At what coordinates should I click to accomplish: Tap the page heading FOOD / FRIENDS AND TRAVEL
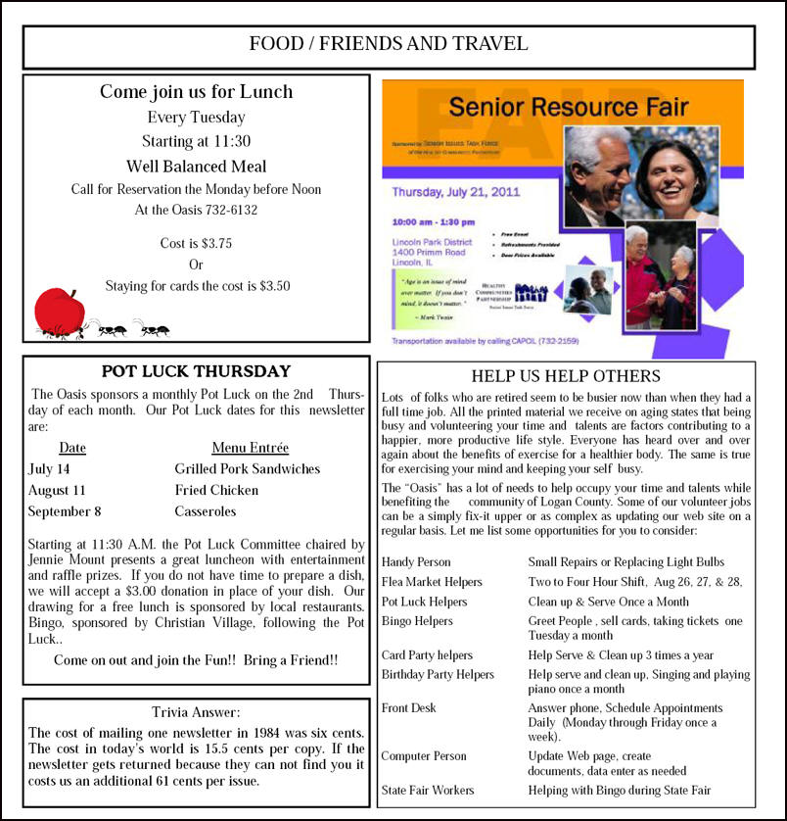pyautogui.click(x=389, y=44)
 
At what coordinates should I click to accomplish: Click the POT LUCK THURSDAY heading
pyautogui.click(x=196, y=371)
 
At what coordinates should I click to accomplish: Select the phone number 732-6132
pyautogui.click(x=226, y=209)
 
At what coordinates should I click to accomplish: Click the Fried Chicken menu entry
pyautogui.click(x=217, y=490)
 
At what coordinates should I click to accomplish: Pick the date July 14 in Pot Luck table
pyautogui.click(x=49, y=468)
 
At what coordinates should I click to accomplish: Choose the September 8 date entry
pyautogui.click(x=64, y=511)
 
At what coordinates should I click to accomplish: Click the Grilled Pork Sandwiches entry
pyautogui.click(x=247, y=468)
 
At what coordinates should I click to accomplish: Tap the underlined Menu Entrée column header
pyautogui.click(x=250, y=448)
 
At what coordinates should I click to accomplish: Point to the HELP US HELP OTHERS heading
pyautogui.click(x=566, y=376)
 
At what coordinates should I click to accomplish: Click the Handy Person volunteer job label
pyautogui.click(x=416, y=562)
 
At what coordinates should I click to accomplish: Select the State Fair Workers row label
pyautogui.click(x=428, y=790)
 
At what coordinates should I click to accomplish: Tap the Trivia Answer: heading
pyautogui.click(x=196, y=712)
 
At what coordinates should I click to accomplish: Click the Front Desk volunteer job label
pyautogui.click(x=409, y=707)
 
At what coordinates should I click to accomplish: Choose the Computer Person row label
pyautogui.click(x=424, y=756)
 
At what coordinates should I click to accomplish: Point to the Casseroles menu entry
pyautogui.click(x=206, y=511)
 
